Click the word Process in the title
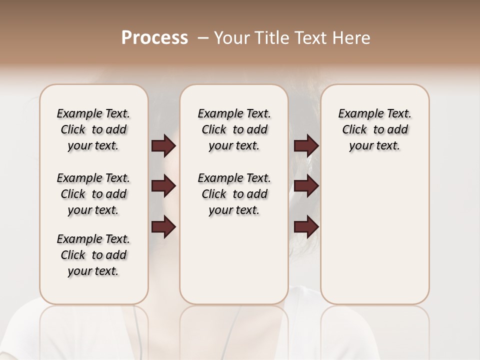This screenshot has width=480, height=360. [154, 38]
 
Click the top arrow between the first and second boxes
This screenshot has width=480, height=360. [163, 146]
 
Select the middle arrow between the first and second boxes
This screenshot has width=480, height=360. [163, 186]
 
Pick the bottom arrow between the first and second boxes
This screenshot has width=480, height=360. [163, 227]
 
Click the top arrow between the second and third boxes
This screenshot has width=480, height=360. [306, 146]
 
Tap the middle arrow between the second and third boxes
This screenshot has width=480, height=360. [306, 186]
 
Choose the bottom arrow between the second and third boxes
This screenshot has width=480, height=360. [306, 227]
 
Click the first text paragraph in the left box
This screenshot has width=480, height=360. [93, 129]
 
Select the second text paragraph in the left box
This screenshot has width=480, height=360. [93, 194]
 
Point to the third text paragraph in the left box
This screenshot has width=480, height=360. [93, 255]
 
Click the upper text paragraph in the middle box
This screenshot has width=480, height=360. [234, 129]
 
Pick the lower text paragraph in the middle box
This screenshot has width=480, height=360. [234, 194]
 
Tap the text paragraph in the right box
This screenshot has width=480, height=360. [374, 129]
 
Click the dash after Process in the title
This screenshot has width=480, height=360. [203, 38]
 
